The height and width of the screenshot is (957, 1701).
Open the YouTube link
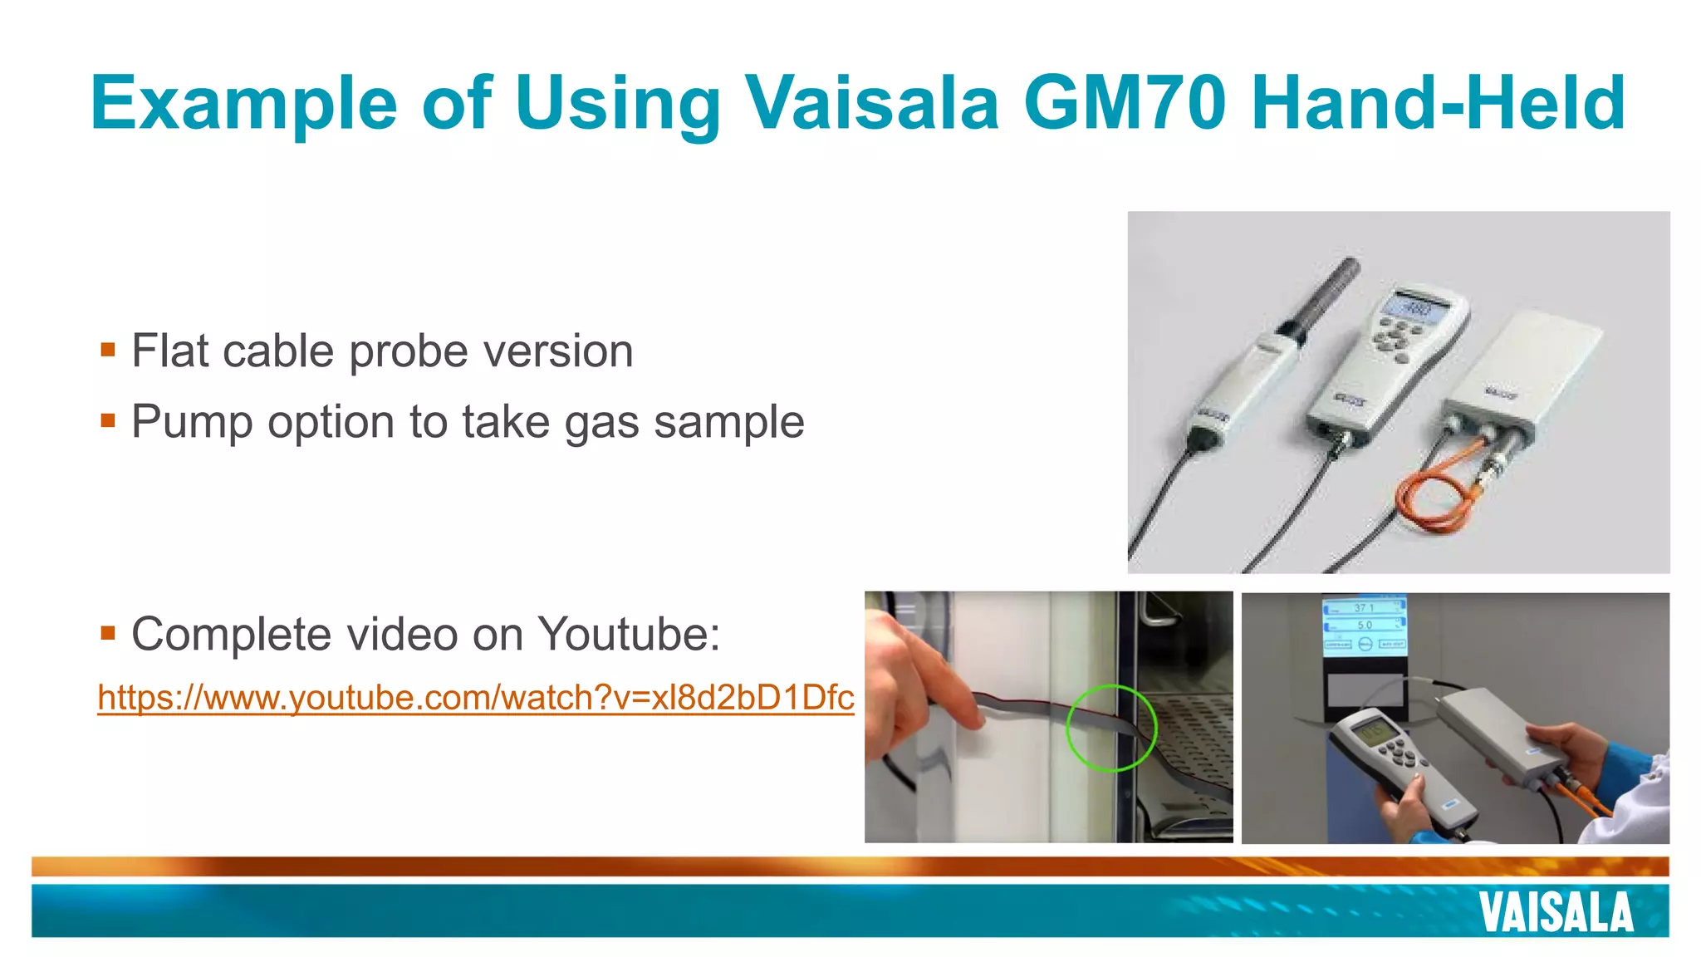[475, 697]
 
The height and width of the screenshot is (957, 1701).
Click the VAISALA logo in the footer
[1556, 913]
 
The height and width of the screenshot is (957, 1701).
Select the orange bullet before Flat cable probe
[107, 349]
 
